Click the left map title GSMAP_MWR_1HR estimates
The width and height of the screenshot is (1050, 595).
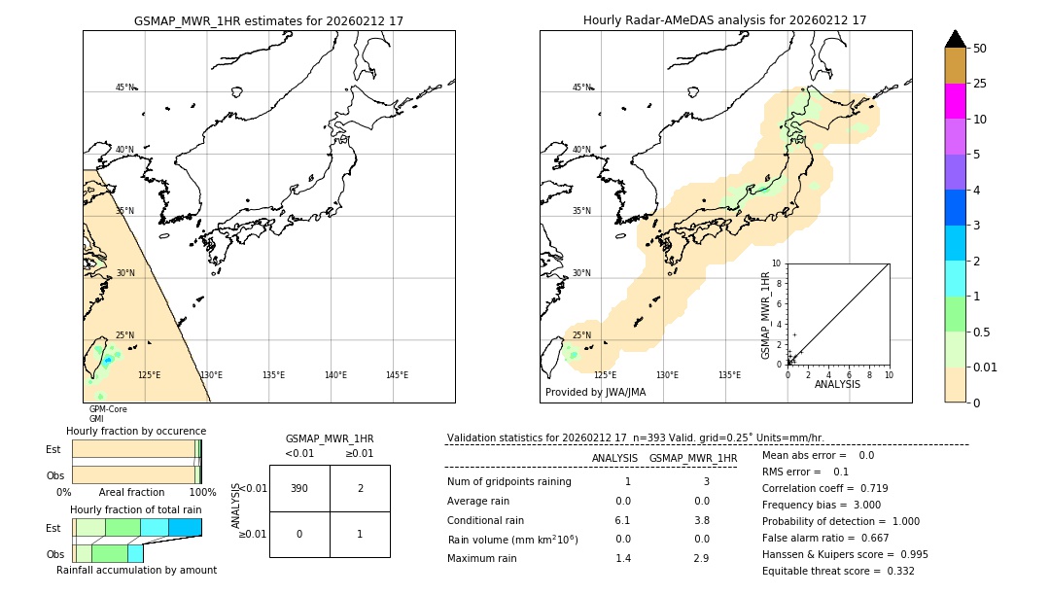click(268, 20)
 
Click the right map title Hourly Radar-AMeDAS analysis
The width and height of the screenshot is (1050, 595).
click(724, 20)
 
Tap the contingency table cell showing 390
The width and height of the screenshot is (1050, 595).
click(299, 488)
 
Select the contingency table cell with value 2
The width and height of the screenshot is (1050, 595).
click(360, 488)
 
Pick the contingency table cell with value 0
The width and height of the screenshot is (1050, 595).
click(299, 534)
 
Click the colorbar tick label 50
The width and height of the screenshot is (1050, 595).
click(980, 49)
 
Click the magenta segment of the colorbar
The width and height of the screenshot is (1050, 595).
click(955, 101)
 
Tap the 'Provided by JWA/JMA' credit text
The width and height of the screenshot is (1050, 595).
click(595, 393)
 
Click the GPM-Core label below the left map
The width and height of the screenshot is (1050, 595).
click(108, 409)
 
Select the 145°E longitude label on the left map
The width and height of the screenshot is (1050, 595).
click(397, 375)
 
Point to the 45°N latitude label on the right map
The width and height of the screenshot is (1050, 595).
click(580, 87)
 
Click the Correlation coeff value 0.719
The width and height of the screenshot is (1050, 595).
click(867, 488)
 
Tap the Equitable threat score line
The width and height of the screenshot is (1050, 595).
click(838, 571)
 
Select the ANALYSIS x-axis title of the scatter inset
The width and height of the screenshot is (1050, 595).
click(836, 384)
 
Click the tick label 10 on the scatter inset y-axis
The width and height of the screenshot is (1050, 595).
click(776, 263)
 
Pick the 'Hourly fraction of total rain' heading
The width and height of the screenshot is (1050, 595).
click(135, 509)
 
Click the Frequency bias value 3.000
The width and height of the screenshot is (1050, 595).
click(860, 505)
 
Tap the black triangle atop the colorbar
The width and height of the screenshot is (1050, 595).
click(955, 39)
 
